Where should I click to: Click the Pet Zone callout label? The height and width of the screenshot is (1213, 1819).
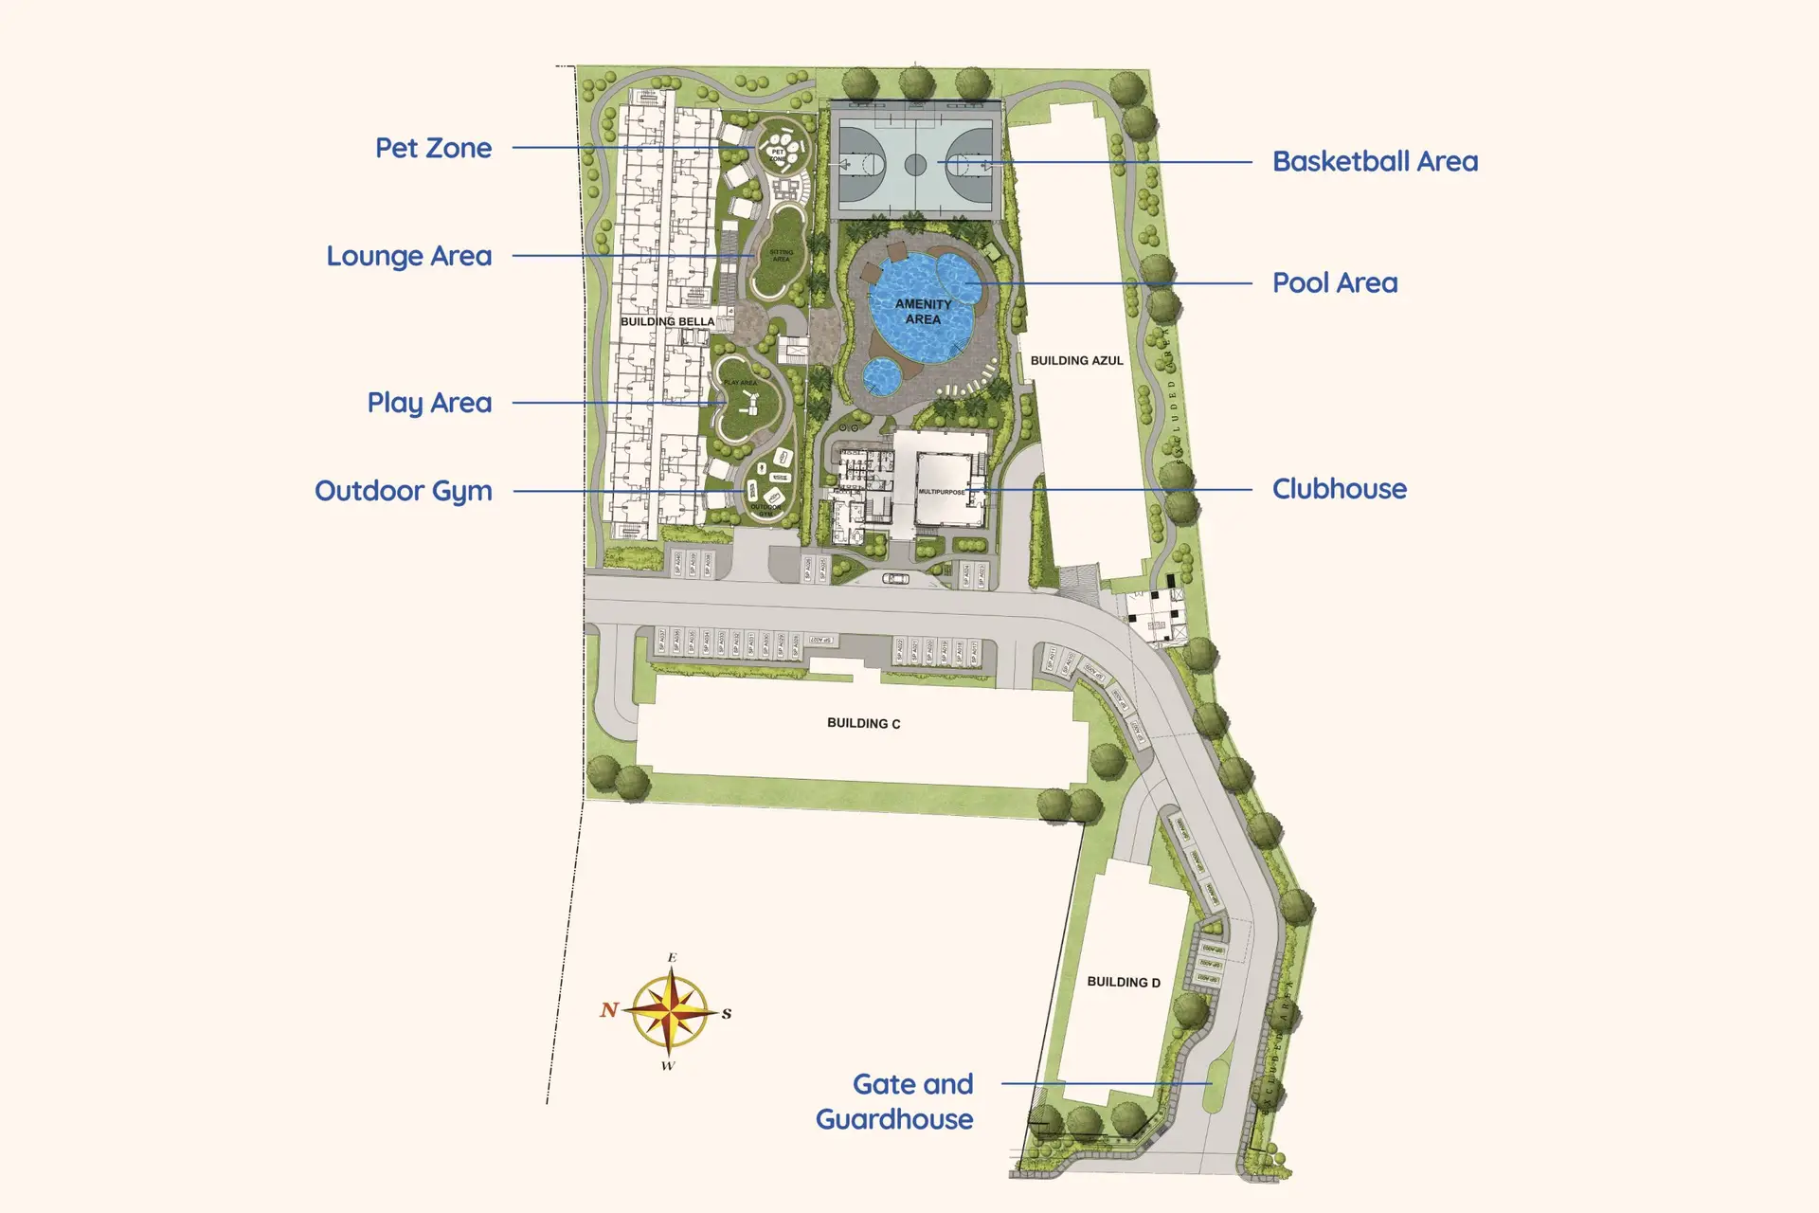433,149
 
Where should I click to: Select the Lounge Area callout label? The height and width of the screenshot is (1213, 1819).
408,257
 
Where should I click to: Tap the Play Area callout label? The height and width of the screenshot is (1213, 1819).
429,403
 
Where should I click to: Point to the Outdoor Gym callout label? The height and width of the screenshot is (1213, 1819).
403,491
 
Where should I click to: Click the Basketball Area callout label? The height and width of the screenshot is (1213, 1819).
1375,162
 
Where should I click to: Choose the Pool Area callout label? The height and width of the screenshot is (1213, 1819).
1334,283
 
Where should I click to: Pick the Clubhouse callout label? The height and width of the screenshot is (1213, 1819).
1339,489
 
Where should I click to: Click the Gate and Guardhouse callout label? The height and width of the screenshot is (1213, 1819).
895,1101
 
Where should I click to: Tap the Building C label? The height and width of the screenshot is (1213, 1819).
863,723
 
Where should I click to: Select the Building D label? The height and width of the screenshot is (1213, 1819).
1123,982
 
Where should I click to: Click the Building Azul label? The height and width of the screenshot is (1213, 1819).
1076,361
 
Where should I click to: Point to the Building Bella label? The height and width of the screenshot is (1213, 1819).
667,321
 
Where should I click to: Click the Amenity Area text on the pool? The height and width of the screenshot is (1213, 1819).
923,312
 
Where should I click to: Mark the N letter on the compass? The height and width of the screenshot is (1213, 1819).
609,1010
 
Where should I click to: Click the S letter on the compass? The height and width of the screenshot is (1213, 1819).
727,1013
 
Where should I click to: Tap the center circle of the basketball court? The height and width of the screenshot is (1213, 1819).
915,165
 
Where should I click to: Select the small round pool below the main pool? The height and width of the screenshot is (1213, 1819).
883,376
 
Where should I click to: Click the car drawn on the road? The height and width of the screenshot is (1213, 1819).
895,578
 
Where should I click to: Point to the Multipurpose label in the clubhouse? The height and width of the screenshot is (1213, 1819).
941,492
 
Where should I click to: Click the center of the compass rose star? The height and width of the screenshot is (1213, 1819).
669,1011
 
